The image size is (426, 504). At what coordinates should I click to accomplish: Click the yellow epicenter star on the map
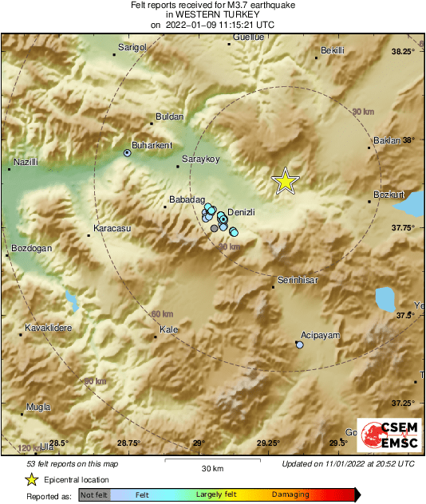point(285,182)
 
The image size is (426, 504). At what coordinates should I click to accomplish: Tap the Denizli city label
point(241,212)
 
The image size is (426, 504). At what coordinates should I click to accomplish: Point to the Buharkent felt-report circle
point(127,152)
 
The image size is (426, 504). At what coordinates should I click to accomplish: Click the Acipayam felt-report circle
point(299,345)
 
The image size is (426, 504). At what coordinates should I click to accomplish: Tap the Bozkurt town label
point(389,195)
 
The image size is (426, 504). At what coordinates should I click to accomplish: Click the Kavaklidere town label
point(49,327)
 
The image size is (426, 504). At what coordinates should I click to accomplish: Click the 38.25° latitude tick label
point(404,52)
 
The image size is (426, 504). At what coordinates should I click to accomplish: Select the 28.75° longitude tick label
point(129,443)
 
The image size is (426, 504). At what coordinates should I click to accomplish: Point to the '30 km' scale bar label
point(212,468)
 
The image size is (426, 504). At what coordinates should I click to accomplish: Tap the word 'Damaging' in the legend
point(290,494)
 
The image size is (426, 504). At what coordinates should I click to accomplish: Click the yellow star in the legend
point(31,479)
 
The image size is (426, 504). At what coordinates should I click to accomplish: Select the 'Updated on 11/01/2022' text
point(349,463)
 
